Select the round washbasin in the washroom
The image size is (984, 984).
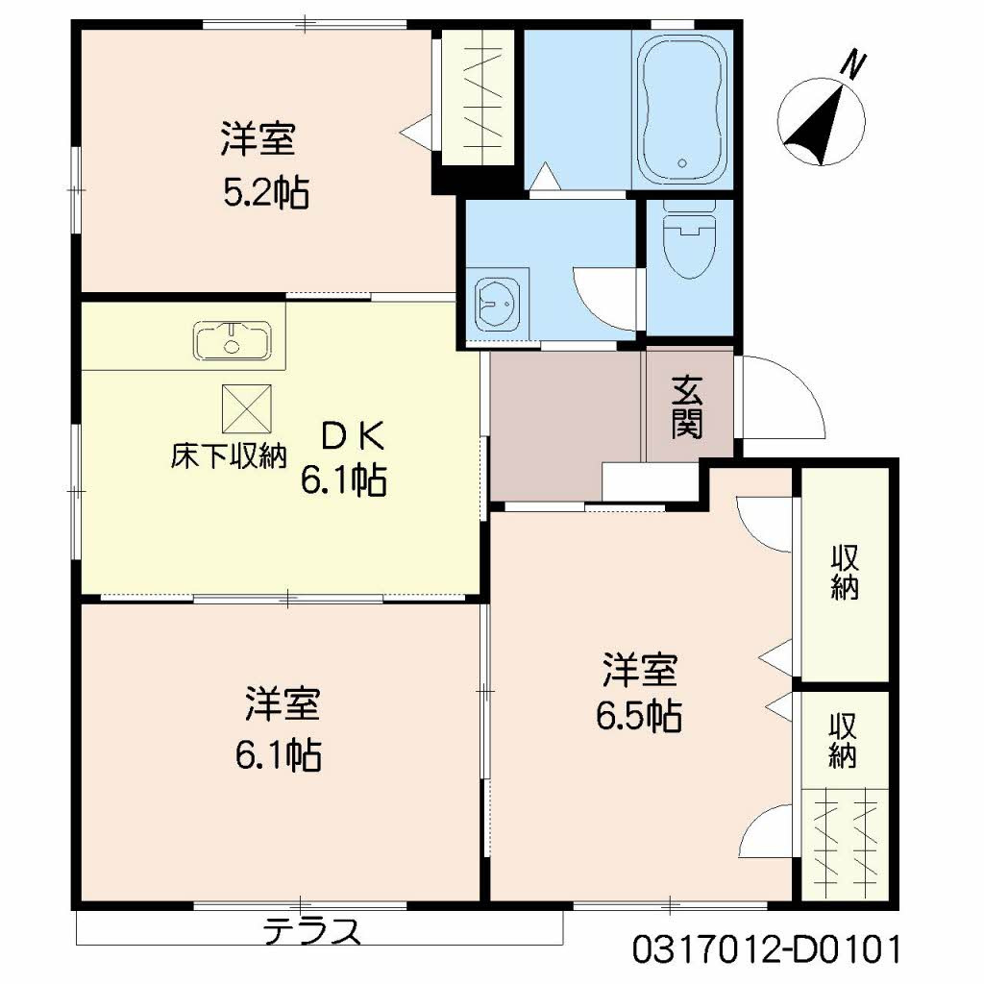pyautogui.click(x=497, y=300)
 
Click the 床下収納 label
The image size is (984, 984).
pyautogui.click(x=229, y=455)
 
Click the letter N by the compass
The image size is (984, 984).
pyautogui.click(x=852, y=63)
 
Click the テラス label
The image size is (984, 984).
pyautogui.click(x=313, y=931)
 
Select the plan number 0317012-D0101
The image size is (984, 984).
pyautogui.click(x=767, y=950)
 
